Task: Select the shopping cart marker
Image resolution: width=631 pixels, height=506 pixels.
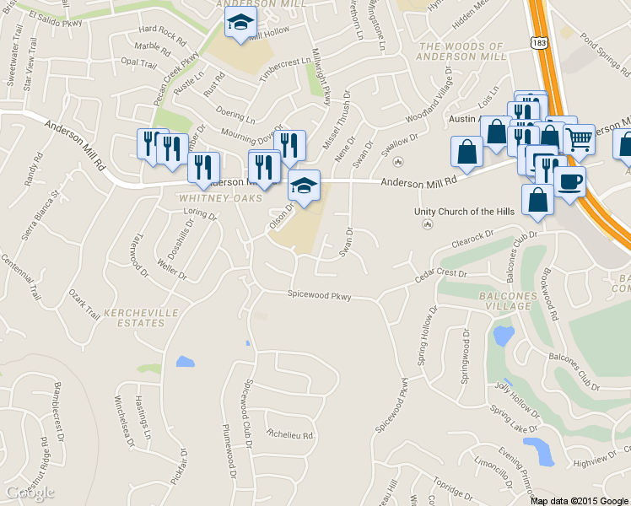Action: click(579, 139)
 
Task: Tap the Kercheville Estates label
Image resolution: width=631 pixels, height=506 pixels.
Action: click(134, 318)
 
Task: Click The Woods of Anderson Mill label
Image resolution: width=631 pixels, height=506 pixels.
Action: click(463, 51)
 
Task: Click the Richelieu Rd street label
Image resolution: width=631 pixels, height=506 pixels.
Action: click(289, 435)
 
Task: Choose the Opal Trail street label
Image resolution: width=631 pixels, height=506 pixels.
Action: click(139, 62)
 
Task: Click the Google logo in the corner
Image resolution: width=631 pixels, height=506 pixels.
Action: click(29, 493)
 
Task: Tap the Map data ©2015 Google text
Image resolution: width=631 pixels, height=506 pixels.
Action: click(579, 501)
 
